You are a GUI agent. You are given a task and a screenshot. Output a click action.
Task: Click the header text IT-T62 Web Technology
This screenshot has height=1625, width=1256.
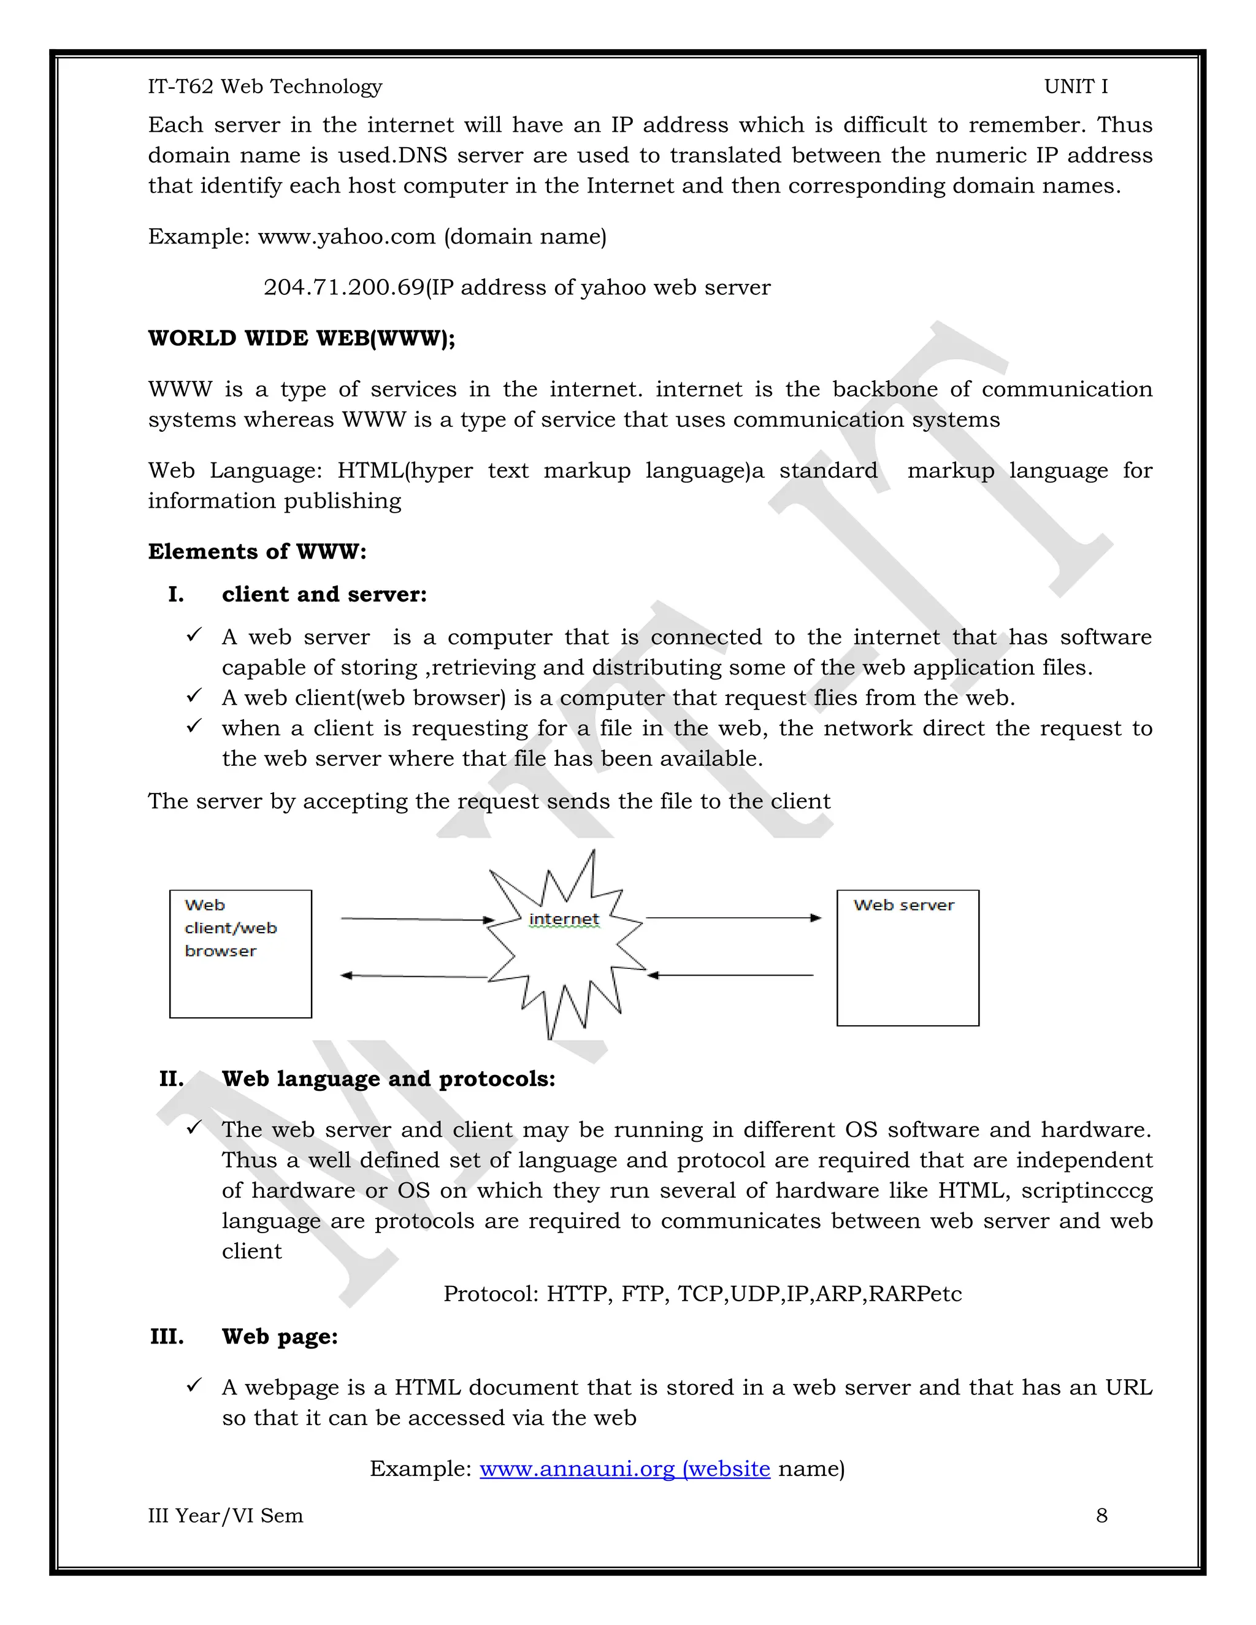click(265, 86)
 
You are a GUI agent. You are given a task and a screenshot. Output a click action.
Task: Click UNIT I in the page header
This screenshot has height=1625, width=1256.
click(1075, 86)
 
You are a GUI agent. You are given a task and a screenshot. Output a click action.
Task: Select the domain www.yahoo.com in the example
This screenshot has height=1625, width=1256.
click(346, 237)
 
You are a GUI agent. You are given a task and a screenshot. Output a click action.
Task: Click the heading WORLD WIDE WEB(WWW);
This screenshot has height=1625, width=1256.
click(301, 338)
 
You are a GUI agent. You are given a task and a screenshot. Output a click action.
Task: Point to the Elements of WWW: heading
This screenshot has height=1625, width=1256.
click(257, 551)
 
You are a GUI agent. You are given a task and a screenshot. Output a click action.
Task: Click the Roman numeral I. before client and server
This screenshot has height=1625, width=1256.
click(175, 594)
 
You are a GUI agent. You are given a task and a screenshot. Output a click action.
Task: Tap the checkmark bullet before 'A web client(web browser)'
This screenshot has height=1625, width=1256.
click(194, 696)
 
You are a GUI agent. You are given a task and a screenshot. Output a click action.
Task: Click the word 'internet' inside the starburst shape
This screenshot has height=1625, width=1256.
click(563, 919)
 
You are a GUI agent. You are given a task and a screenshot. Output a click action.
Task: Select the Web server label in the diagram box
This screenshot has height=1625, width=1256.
click(903, 906)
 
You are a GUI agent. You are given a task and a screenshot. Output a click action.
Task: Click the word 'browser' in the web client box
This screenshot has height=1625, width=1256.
click(220, 951)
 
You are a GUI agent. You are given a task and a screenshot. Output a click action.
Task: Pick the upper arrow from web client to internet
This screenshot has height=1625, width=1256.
click(416, 919)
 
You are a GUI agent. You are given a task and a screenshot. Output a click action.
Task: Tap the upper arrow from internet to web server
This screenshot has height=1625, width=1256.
click(733, 918)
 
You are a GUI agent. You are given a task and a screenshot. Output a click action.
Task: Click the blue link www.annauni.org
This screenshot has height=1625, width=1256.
click(576, 1469)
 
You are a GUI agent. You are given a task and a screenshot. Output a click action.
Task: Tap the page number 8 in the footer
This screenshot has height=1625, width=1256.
click(1101, 1516)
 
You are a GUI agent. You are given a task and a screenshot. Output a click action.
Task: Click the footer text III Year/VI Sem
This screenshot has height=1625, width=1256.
click(226, 1516)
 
